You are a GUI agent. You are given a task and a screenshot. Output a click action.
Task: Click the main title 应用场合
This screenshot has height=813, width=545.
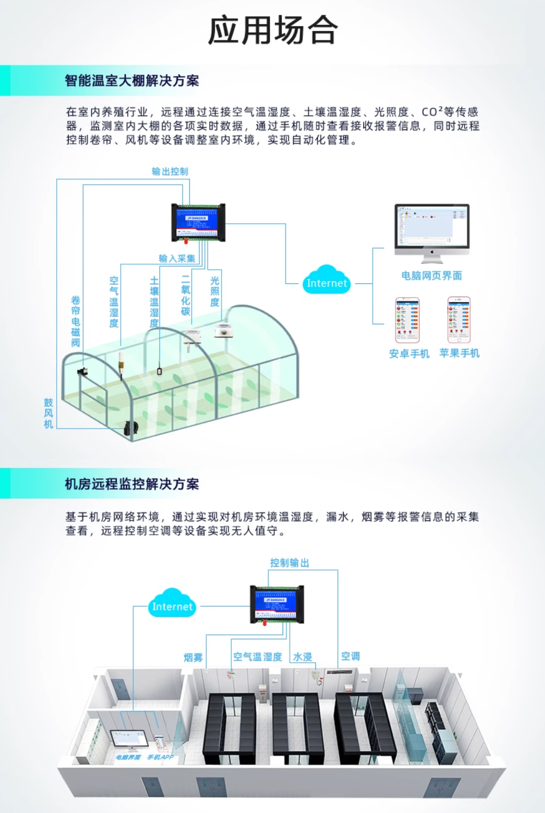[273, 30]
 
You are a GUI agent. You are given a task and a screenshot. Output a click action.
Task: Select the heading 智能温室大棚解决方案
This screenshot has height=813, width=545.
[131, 81]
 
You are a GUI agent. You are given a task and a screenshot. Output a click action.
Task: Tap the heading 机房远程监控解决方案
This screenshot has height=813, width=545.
[131, 484]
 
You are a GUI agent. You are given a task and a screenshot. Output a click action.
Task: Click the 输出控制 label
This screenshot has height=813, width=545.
[170, 171]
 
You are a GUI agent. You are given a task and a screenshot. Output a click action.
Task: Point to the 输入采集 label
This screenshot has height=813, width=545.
[177, 258]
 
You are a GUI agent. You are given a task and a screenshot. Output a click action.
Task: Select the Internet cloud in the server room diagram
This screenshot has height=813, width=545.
[172, 604]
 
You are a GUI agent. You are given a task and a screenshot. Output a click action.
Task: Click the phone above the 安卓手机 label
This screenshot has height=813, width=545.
[408, 320]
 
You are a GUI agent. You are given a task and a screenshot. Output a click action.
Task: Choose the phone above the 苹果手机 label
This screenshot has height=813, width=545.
[459, 320]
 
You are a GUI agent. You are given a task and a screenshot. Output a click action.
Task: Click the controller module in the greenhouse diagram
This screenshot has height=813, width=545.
[198, 222]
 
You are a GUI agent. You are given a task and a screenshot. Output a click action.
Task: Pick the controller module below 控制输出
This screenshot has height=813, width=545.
[277, 604]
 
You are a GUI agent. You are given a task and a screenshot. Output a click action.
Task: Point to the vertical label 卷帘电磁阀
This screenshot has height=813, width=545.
[76, 321]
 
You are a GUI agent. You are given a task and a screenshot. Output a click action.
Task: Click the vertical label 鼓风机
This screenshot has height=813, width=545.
[49, 413]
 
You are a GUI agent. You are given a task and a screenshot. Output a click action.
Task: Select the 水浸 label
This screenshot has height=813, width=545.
[302, 657]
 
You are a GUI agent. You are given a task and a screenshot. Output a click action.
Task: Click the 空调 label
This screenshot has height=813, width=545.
[350, 656]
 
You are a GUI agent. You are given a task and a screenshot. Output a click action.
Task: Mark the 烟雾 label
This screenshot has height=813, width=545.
[193, 657]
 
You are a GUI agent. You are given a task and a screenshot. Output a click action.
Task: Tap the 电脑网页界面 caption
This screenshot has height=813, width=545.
[432, 276]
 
